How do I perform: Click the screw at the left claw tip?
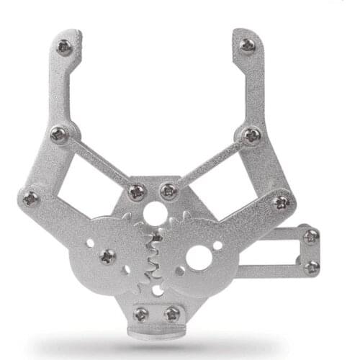[64, 48]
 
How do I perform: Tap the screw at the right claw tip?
[247, 46]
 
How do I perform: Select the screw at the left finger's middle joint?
[60, 135]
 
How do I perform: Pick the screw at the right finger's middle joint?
[251, 135]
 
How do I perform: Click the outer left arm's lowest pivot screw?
[31, 198]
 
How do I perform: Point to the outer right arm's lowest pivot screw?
[282, 202]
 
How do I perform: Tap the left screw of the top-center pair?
[137, 192]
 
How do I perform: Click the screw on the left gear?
[107, 256]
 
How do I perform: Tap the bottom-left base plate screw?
[141, 314]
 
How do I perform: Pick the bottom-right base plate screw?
[172, 314]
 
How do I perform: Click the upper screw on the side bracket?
[311, 236]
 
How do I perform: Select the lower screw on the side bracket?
[311, 267]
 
